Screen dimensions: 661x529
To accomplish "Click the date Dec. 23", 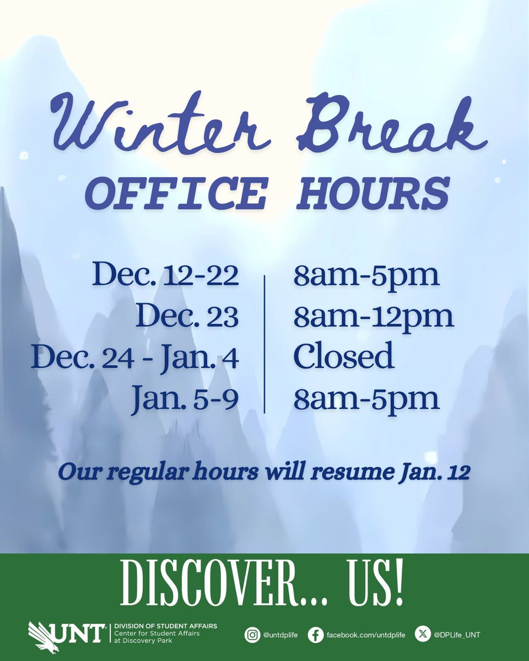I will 187,317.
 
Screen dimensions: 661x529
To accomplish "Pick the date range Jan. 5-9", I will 185,398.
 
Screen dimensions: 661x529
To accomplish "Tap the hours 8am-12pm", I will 374,317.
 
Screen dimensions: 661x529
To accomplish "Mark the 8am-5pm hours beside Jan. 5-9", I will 366,398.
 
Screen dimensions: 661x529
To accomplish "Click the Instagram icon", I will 252,635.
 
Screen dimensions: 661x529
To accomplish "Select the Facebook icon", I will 315,635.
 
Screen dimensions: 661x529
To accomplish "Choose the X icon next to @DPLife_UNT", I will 422,635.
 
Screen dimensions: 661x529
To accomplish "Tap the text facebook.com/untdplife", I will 365,635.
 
